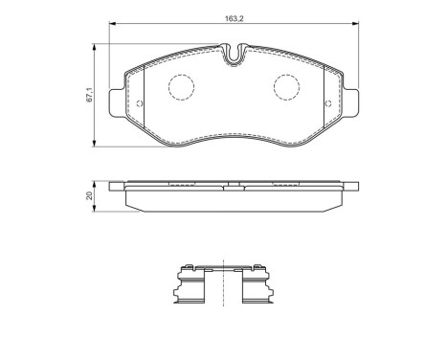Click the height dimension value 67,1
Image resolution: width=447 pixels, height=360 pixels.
pyautogui.click(x=89, y=94)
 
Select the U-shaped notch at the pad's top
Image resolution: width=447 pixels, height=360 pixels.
pyautogui.click(x=234, y=55)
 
